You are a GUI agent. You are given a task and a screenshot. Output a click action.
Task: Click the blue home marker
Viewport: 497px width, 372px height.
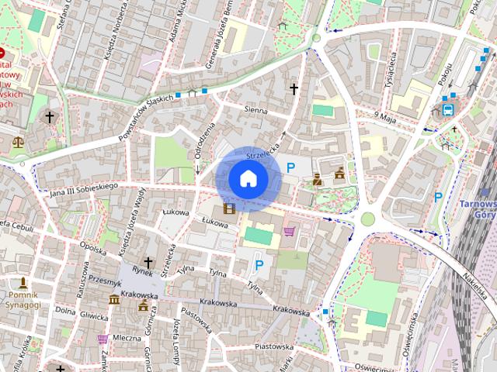(248, 178)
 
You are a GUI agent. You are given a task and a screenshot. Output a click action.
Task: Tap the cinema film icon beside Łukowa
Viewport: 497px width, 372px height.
(228, 208)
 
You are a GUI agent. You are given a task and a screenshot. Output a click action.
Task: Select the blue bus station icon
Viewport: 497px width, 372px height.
(449, 109)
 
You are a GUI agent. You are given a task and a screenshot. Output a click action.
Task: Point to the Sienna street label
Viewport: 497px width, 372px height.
(255, 112)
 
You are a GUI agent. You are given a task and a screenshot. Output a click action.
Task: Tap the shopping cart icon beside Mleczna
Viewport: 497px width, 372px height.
(102, 338)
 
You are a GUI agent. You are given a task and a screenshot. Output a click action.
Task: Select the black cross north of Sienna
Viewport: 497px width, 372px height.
(294, 89)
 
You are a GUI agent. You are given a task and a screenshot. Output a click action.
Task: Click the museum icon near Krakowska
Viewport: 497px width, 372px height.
(114, 300)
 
